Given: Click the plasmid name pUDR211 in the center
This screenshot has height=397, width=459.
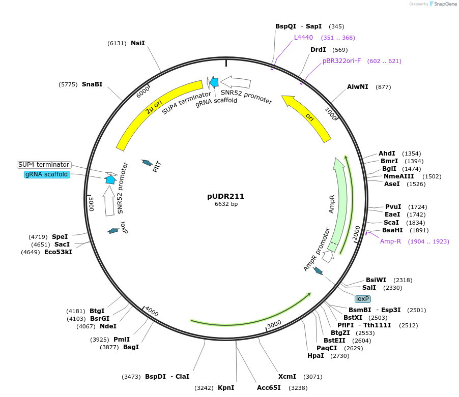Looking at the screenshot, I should (x=225, y=196).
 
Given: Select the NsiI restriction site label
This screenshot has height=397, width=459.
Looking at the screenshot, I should (x=138, y=43).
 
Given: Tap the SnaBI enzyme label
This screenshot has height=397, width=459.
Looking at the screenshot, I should (x=92, y=84).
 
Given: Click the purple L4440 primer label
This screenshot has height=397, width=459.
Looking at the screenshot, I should (x=303, y=37).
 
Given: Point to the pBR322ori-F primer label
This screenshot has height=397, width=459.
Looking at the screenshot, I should (x=341, y=60).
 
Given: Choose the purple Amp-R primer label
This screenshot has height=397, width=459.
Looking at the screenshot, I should (x=390, y=241).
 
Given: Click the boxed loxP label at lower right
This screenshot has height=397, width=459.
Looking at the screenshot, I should (x=363, y=299).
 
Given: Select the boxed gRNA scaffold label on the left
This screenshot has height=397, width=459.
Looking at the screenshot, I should (x=46, y=174).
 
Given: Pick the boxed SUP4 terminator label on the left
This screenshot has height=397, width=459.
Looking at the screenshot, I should (x=44, y=165).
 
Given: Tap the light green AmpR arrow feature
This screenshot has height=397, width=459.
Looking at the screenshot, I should (x=339, y=203).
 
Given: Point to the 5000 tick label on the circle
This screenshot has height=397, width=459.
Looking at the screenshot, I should (x=92, y=203).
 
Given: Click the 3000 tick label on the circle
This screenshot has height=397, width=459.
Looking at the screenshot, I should (x=274, y=324).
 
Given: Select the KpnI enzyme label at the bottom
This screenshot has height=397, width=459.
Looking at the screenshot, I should (x=226, y=387).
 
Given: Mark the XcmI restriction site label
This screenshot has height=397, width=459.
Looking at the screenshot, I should (x=288, y=376).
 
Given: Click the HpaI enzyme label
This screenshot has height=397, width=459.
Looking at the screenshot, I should (x=315, y=356).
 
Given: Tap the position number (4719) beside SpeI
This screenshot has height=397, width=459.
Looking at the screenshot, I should (x=39, y=236).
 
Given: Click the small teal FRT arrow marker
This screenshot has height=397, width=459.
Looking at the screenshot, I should (x=147, y=162).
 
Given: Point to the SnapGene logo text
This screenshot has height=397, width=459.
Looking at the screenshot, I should (x=444, y=4).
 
